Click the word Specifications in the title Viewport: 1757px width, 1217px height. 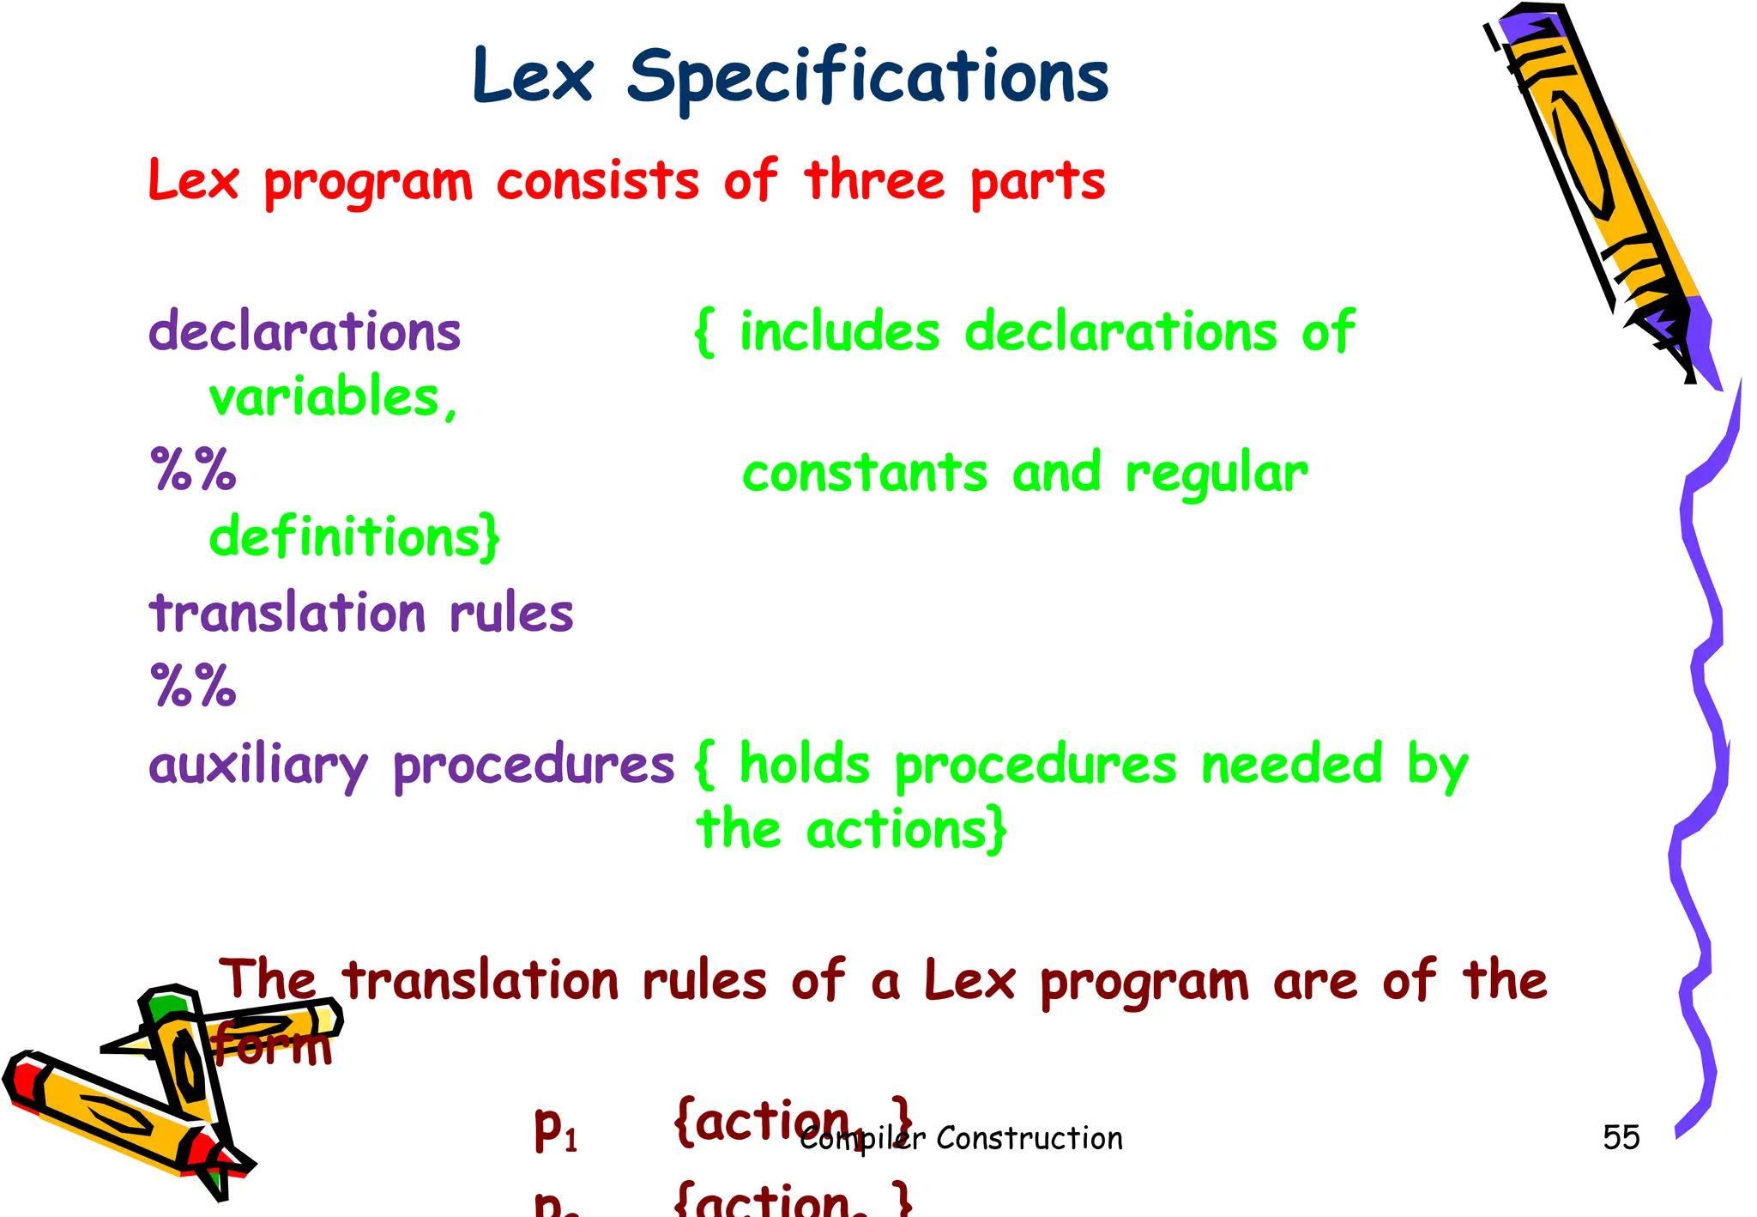[867, 77]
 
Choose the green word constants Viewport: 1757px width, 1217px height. [865, 473]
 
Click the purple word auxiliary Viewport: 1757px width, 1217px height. [258, 765]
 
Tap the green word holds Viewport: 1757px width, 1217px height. [805, 765]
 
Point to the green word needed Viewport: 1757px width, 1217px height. [1291, 765]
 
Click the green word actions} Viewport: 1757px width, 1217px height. [906, 830]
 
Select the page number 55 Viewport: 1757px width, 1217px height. [1621, 1137]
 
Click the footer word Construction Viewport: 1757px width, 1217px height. [1029, 1138]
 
